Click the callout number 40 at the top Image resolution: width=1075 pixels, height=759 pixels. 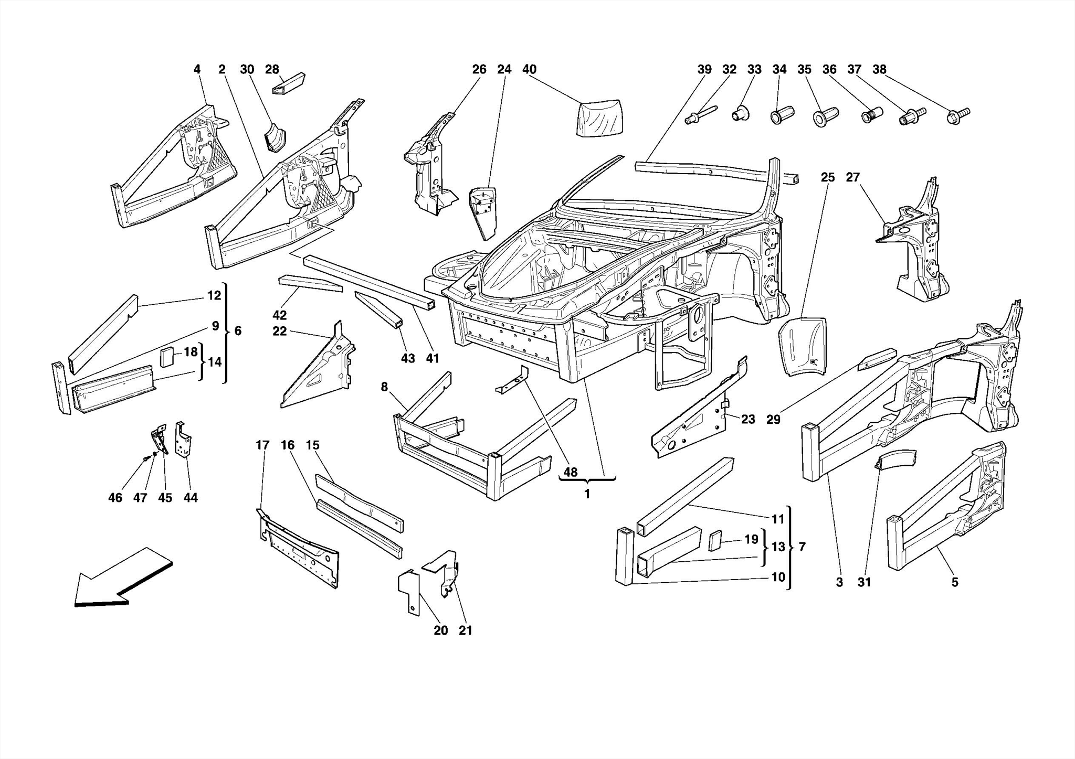pos(529,69)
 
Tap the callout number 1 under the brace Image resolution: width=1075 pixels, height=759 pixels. pos(587,494)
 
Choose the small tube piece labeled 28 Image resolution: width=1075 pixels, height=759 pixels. pos(288,83)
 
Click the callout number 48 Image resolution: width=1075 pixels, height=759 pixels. pos(570,472)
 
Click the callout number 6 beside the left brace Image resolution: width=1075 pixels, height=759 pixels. pos(238,331)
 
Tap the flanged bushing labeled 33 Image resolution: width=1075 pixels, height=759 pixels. pos(740,113)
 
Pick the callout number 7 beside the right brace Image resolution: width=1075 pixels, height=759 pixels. pos(802,547)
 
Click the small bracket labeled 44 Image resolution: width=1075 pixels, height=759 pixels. pos(183,440)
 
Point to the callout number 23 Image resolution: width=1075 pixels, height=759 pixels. pos(748,419)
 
